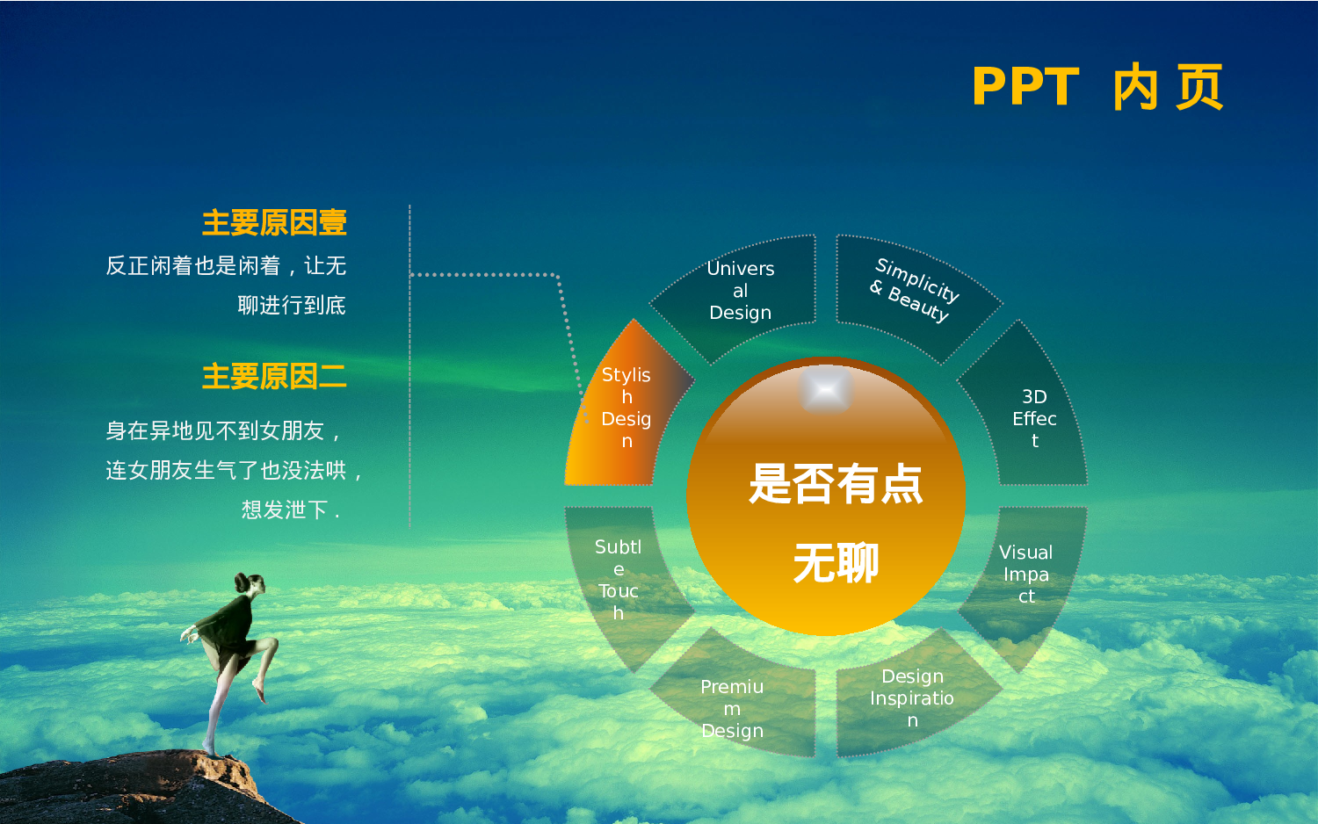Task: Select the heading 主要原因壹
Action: pos(274,223)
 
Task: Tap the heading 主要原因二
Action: pos(274,377)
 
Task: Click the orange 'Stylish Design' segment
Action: pos(626,408)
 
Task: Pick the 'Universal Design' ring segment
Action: pos(740,291)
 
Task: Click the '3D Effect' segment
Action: pos(1033,418)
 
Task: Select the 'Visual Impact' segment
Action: pos(1025,575)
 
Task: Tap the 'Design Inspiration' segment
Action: pos(912,698)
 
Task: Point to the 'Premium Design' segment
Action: pos(732,709)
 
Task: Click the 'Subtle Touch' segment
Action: pos(618,580)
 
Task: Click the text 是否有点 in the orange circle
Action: pos(835,484)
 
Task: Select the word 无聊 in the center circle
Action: pos(835,563)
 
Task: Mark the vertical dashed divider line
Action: pos(409,369)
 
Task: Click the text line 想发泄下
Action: pos(290,510)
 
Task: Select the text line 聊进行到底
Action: pos(291,306)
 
